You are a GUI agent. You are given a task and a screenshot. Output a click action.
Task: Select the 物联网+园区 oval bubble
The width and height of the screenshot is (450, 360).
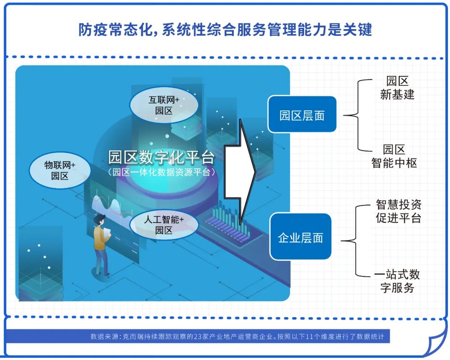point(60,170)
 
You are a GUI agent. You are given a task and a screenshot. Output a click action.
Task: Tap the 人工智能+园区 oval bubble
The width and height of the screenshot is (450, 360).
point(163,224)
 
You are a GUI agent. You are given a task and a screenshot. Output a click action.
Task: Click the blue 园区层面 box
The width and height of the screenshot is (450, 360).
point(302,115)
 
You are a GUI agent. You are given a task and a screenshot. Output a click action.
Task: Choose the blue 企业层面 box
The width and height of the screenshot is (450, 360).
point(300,238)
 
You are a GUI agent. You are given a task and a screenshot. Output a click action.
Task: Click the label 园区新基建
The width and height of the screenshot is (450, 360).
point(397,87)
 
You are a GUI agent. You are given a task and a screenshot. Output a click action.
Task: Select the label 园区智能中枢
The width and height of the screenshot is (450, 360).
point(394,156)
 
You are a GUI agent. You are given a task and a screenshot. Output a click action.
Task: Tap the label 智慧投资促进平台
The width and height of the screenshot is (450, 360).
point(398,211)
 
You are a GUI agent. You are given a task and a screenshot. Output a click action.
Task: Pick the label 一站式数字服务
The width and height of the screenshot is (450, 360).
point(397,281)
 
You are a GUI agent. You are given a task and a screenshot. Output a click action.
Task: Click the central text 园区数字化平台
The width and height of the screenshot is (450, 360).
point(161,157)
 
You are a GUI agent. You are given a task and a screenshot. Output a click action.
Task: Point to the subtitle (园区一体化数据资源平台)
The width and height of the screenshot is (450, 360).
point(161,172)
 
